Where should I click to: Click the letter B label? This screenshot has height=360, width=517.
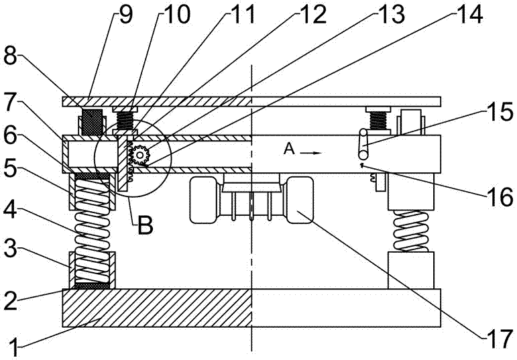pyautogui.click(x=144, y=227)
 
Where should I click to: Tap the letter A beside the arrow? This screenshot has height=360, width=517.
pyautogui.click(x=289, y=150)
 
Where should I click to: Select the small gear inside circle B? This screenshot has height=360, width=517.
pyautogui.click(x=139, y=155)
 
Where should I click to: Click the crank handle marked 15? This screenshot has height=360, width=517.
pyautogui.click(x=363, y=142)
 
